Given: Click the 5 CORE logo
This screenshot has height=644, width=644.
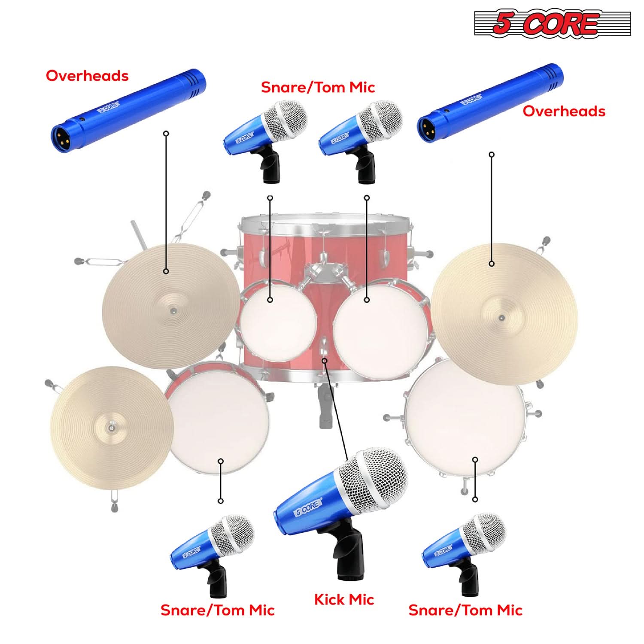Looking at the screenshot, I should pyautogui.click(x=552, y=24).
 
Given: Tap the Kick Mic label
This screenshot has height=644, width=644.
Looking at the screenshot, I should pyautogui.click(x=344, y=599).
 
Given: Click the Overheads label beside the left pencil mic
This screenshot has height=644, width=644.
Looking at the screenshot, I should pyautogui.click(x=87, y=76).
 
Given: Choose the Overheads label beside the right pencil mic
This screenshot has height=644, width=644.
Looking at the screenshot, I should pyautogui.click(x=564, y=111).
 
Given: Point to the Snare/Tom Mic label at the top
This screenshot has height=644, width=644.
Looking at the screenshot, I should pyautogui.click(x=318, y=87).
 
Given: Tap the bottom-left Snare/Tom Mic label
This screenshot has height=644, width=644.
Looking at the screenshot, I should pyautogui.click(x=217, y=610).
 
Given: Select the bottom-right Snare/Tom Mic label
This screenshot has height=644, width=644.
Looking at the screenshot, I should pyautogui.click(x=465, y=610).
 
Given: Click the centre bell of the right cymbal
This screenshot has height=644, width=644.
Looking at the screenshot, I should pyautogui.click(x=502, y=318).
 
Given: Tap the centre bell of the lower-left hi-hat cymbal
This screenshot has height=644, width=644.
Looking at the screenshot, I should pyautogui.click(x=111, y=428).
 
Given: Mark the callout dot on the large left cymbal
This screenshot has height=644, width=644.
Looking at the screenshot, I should pyautogui.click(x=166, y=271).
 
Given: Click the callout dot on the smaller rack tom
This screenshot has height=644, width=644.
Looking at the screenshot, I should pyautogui.click(x=270, y=300).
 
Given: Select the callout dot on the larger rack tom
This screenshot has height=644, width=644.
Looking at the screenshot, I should pyautogui.click(x=367, y=300).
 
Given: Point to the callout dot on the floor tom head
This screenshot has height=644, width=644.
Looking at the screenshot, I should pyautogui.click(x=475, y=460).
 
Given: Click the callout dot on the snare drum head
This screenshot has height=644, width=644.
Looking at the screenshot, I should pyautogui.click(x=221, y=461).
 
